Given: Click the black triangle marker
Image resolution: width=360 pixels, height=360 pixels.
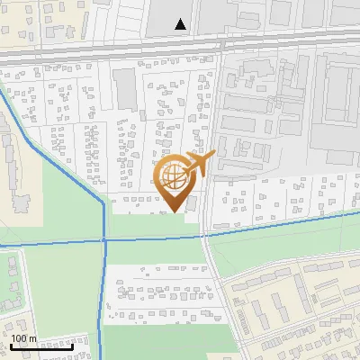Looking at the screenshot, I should coord(182,24).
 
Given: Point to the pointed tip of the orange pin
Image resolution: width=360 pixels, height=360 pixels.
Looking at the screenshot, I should coord(175,211).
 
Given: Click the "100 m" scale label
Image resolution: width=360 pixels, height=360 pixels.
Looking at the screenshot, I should coord(24,338).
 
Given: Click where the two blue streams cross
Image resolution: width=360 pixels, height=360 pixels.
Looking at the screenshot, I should coord(104,239).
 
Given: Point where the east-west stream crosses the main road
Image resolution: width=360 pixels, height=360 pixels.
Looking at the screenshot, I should coord(205,236).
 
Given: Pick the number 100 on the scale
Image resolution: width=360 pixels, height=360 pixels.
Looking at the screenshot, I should coord(20,338).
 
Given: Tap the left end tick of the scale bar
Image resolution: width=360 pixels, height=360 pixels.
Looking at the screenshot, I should coord(11,346).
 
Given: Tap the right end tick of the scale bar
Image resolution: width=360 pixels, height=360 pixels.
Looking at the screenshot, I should coord(74,346).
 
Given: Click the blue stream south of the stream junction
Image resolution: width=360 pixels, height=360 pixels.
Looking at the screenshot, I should coord(103,297).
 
